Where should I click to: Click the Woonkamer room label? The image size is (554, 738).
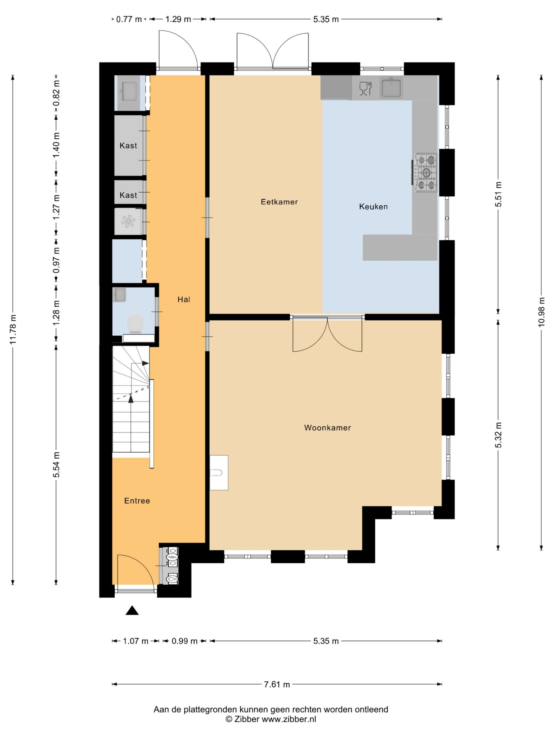(x=327, y=428)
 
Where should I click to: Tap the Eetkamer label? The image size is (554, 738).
(x=279, y=202)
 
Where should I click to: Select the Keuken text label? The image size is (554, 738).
(x=373, y=206)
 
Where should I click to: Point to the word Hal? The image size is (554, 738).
(x=184, y=300)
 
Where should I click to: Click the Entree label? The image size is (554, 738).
(x=137, y=501)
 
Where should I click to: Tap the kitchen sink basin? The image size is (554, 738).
(x=391, y=87)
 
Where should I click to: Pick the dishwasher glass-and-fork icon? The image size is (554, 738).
(x=365, y=89)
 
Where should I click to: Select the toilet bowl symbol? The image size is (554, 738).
(x=135, y=323)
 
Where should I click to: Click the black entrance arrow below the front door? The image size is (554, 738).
(x=132, y=610)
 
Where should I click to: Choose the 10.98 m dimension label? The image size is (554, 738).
(x=542, y=312)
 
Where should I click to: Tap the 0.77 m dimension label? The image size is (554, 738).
(x=129, y=19)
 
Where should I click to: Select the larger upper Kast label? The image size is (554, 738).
(x=128, y=146)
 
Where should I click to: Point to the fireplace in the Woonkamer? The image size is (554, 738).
(x=219, y=473)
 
